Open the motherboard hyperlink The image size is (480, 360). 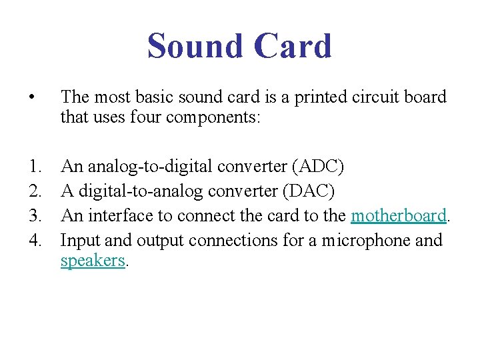[398, 215]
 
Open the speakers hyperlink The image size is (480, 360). [92, 261]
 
